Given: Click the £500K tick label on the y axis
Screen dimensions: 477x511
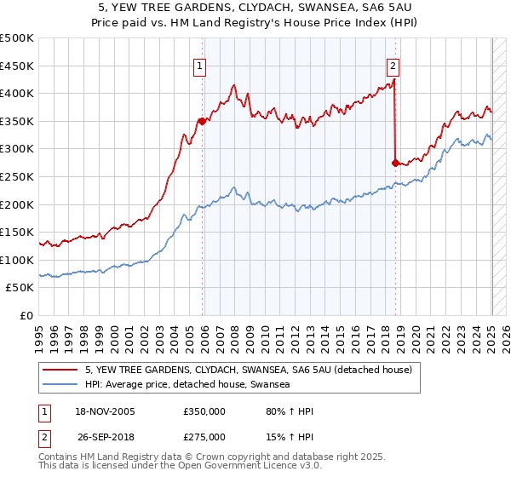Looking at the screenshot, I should click(17, 38).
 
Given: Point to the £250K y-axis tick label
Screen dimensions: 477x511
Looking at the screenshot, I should click(17, 176).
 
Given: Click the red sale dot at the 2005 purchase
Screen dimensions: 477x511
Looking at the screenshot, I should click(203, 121).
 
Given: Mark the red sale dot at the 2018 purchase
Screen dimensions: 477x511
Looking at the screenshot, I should click(396, 163).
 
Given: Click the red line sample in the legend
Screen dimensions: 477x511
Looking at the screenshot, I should click(61, 370).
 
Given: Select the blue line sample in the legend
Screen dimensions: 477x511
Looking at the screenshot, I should click(61, 385).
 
